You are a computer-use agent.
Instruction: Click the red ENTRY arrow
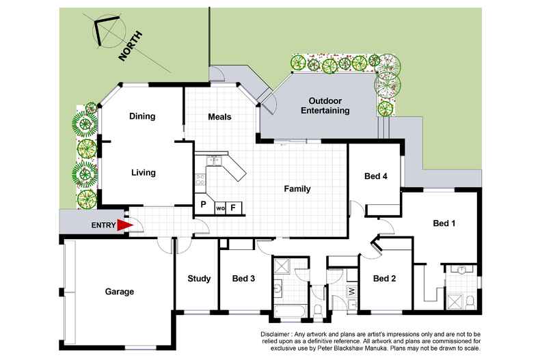[x=124, y=225]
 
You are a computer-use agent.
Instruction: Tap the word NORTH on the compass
[x=130, y=46]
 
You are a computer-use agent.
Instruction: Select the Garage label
[x=120, y=292]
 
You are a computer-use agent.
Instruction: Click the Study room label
[x=199, y=279]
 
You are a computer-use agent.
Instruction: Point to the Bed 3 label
[x=243, y=279]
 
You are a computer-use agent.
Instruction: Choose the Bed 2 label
[x=384, y=279]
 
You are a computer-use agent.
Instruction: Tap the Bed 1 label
[x=444, y=223]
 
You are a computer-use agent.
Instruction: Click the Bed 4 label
[x=376, y=176]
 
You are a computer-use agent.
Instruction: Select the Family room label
[x=297, y=189]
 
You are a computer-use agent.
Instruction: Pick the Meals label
[x=219, y=117]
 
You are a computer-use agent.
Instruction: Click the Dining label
[x=142, y=116]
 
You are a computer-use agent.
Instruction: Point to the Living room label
[x=144, y=173]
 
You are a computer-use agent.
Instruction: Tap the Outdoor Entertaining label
[x=325, y=106]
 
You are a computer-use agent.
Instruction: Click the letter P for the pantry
[x=204, y=204]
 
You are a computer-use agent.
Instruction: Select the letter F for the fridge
[x=233, y=208]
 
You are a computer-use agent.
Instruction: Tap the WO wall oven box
[x=220, y=208]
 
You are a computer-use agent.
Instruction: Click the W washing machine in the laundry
[x=351, y=292]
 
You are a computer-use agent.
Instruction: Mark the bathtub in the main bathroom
[x=290, y=312]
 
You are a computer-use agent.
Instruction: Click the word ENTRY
[x=103, y=225]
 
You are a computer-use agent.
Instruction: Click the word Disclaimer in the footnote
[x=275, y=334]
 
